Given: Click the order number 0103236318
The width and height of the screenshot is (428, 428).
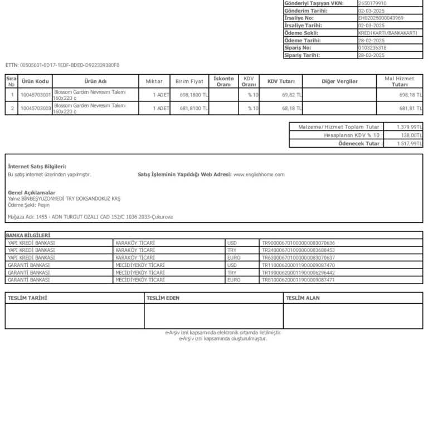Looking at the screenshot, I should click(x=372, y=48).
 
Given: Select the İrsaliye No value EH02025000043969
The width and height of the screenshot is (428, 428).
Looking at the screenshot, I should click(x=381, y=18).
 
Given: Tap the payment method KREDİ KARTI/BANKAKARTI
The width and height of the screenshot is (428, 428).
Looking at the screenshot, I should click(x=387, y=33).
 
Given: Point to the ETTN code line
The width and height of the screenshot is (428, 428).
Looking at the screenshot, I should click(x=62, y=65).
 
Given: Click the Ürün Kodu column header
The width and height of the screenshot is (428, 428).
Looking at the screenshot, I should click(x=35, y=81).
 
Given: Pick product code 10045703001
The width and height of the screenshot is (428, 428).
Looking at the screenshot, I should click(x=35, y=95).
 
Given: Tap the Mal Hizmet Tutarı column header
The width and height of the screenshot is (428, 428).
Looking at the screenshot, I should click(x=400, y=81).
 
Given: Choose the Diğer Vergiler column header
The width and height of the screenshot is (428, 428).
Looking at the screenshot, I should click(x=339, y=81).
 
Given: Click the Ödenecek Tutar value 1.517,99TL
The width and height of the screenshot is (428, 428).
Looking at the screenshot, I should click(x=409, y=144).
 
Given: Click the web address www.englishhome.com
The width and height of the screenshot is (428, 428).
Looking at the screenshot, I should click(x=259, y=174).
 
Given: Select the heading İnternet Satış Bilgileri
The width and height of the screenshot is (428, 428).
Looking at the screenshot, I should click(x=37, y=166).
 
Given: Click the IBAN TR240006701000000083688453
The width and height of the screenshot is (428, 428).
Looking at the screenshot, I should click(x=298, y=250).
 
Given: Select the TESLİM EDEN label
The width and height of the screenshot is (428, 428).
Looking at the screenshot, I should click(x=163, y=298).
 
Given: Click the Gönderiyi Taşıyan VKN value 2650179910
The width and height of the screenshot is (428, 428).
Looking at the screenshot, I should click(x=372, y=3).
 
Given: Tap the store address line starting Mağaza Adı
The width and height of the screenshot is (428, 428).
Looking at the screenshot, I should click(x=90, y=216).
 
